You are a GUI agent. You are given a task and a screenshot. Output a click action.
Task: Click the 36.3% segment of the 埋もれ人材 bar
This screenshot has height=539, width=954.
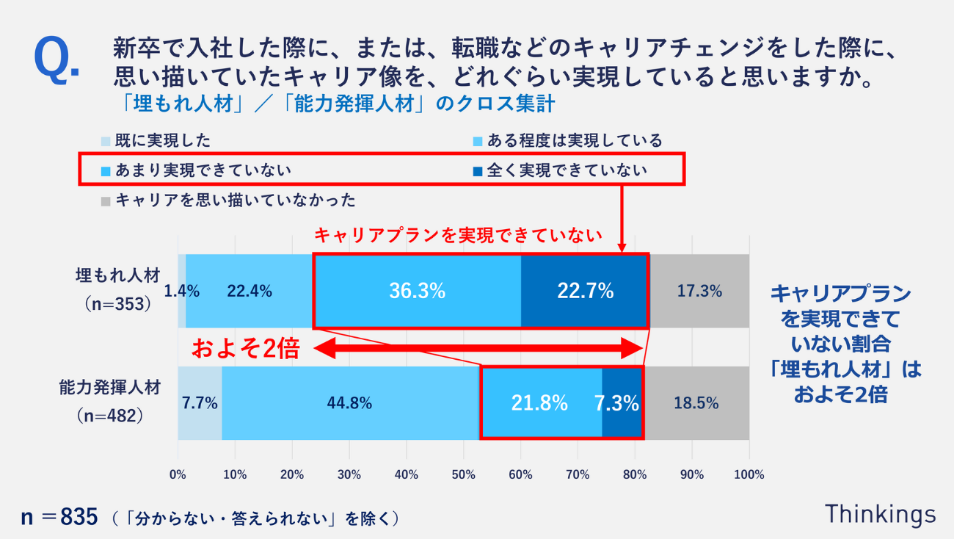[417, 291]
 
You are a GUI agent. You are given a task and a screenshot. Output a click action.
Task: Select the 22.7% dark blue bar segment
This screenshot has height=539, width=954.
[584, 291]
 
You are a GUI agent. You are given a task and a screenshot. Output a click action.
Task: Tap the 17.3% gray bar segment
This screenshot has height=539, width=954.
[699, 291]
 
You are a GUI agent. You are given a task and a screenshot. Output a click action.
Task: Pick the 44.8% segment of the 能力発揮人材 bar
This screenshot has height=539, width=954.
[351, 403]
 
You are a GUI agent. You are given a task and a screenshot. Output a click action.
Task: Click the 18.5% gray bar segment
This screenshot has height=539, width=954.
[696, 403]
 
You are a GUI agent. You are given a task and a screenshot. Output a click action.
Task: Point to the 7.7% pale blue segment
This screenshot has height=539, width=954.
[200, 403]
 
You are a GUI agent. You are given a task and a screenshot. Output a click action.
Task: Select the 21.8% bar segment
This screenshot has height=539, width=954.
[540, 403]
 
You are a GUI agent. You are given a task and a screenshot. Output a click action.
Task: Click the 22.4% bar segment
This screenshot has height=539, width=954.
[250, 291]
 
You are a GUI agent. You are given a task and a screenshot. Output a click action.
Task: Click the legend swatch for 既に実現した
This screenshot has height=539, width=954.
[106, 140]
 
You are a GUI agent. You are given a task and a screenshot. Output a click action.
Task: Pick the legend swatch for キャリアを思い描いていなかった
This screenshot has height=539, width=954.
[106, 200]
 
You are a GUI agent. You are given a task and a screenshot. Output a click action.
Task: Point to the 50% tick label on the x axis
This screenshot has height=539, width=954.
[463, 475]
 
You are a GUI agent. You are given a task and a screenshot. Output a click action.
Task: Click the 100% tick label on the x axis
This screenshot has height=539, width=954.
[749, 475]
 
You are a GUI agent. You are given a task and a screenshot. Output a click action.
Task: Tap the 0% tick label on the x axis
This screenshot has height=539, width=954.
[178, 475]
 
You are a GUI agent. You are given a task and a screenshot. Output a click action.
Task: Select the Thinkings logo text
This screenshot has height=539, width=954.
[881, 515]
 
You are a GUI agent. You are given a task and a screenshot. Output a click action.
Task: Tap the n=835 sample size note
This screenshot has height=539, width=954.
[59, 517]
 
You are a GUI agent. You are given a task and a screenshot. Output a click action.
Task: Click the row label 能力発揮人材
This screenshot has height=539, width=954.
[109, 388]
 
